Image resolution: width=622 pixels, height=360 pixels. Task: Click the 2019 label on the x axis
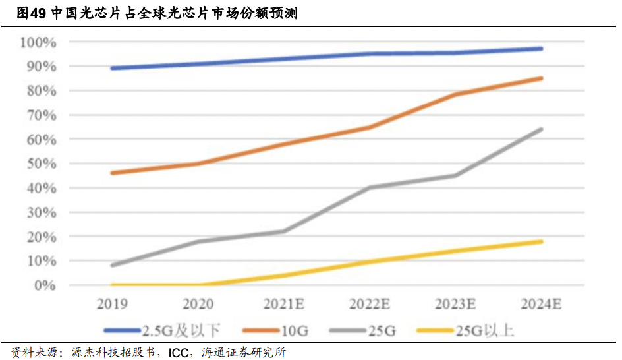tap(111, 304)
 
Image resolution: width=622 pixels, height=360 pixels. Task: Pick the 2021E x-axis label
tap(283, 304)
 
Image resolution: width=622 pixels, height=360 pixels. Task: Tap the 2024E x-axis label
tap(540, 304)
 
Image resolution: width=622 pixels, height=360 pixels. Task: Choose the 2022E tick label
tap(369, 304)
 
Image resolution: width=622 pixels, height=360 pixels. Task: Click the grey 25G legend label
tap(380, 330)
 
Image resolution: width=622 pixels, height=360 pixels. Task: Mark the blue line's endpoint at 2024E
tap(541, 49)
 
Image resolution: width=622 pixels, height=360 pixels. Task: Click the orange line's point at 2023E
tap(455, 94)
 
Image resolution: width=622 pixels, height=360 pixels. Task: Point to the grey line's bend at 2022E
tap(369, 187)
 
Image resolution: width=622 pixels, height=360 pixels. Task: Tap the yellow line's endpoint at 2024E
tap(541, 241)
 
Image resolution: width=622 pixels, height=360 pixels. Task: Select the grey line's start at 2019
tap(112, 266)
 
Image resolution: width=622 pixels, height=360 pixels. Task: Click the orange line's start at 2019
tap(112, 173)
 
